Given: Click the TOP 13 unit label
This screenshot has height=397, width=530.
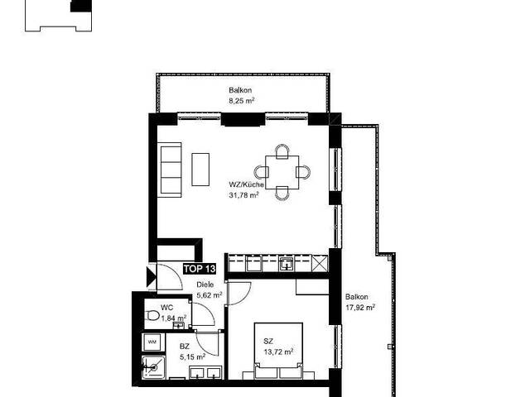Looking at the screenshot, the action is [x=200, y=269].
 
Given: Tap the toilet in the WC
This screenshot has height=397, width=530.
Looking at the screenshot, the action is [x=152, y=316].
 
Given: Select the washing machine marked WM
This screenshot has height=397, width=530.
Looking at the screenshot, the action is [x=152, y=342].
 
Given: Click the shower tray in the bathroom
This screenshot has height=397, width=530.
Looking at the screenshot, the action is [x=153, y=367].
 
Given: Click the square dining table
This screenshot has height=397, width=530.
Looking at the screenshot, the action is [x=282, y=172].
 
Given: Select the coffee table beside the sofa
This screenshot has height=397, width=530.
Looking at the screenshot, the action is [x=200, y=169].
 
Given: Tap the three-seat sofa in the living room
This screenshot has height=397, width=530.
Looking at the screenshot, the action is [x=169, y=170].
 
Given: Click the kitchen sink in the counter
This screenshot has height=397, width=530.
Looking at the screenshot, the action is [x=287, y=264].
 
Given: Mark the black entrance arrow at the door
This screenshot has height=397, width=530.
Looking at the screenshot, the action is [x=151, y=277].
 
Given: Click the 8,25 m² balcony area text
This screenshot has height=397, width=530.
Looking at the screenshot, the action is [x=242, y=101].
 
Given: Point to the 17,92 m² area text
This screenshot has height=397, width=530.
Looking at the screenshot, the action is [x=360, y=308].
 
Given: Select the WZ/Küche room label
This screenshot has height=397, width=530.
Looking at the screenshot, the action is [x=247, y=184].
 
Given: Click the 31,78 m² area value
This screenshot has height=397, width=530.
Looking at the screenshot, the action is [x=244, y=195].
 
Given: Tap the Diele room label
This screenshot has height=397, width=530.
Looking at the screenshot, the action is [x=205, y=285].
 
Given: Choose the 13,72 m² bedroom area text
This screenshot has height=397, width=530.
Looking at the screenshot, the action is [x=278, y=352].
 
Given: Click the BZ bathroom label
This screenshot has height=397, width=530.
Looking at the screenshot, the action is [x=185, y=347].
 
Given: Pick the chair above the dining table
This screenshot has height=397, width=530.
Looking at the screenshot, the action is [x=282, y=151].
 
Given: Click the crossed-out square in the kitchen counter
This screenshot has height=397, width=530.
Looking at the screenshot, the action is [x=320, y=264].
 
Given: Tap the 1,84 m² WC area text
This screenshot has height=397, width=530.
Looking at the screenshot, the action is [x=174, y=318].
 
